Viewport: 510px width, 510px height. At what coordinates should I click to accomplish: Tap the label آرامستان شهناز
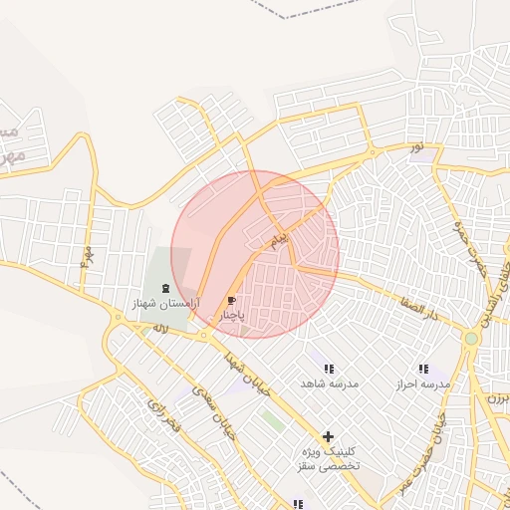tap(165, 302)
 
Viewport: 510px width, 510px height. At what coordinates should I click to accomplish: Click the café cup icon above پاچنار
tap(232, 300)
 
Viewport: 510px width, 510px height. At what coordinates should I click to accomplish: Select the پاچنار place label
tap(232, 314)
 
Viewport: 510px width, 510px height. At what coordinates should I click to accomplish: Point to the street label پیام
tap(280, 240)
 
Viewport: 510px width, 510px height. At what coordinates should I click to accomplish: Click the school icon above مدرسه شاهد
tap(329, 369)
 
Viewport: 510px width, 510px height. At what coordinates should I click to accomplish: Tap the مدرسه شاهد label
tap(330, 382)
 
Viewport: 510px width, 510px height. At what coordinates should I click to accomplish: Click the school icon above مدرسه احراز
tap(423, 369)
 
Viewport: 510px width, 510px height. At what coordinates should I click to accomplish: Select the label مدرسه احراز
tap(423, 382)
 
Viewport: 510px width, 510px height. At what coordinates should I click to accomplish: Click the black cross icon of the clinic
tap(328, 436)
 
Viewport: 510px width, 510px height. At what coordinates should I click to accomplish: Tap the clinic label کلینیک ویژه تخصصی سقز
tap(328, 458)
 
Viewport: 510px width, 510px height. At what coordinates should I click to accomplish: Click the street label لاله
tap(159, 327)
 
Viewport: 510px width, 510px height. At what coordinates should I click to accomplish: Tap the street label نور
tap(416, 147)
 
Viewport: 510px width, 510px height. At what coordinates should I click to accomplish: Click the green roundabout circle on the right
tap(471, 339)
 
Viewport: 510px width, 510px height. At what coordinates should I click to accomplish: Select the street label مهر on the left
tap(87, 261)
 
